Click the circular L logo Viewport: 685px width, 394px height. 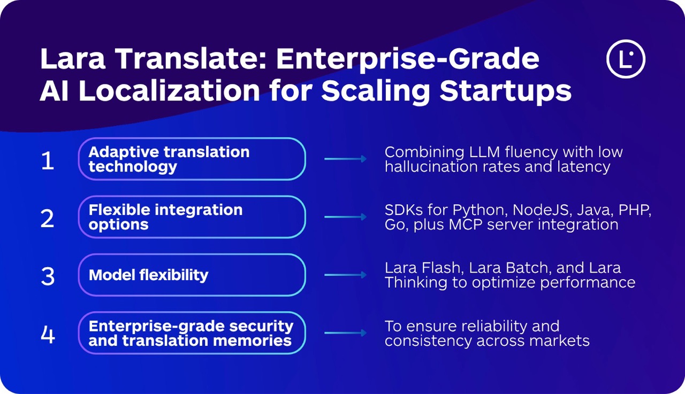(626, 59)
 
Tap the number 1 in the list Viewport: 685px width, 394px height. (48, 160)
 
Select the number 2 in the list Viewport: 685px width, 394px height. (48, 218)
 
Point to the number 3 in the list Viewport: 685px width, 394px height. (48, 276)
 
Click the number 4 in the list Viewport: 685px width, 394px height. (48, 334)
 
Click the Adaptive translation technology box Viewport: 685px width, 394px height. (192, 159)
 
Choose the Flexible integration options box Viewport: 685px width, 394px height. (192, 217)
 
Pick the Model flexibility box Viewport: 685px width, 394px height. (192, 275)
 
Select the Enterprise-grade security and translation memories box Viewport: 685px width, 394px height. (192, 333)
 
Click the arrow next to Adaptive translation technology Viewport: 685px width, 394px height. (345, 159)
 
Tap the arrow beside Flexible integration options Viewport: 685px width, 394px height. (345, 217)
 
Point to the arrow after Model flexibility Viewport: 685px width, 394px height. (345, 275)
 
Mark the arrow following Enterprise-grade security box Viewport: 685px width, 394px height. (345, 333)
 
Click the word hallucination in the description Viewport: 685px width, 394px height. (438, 167)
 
